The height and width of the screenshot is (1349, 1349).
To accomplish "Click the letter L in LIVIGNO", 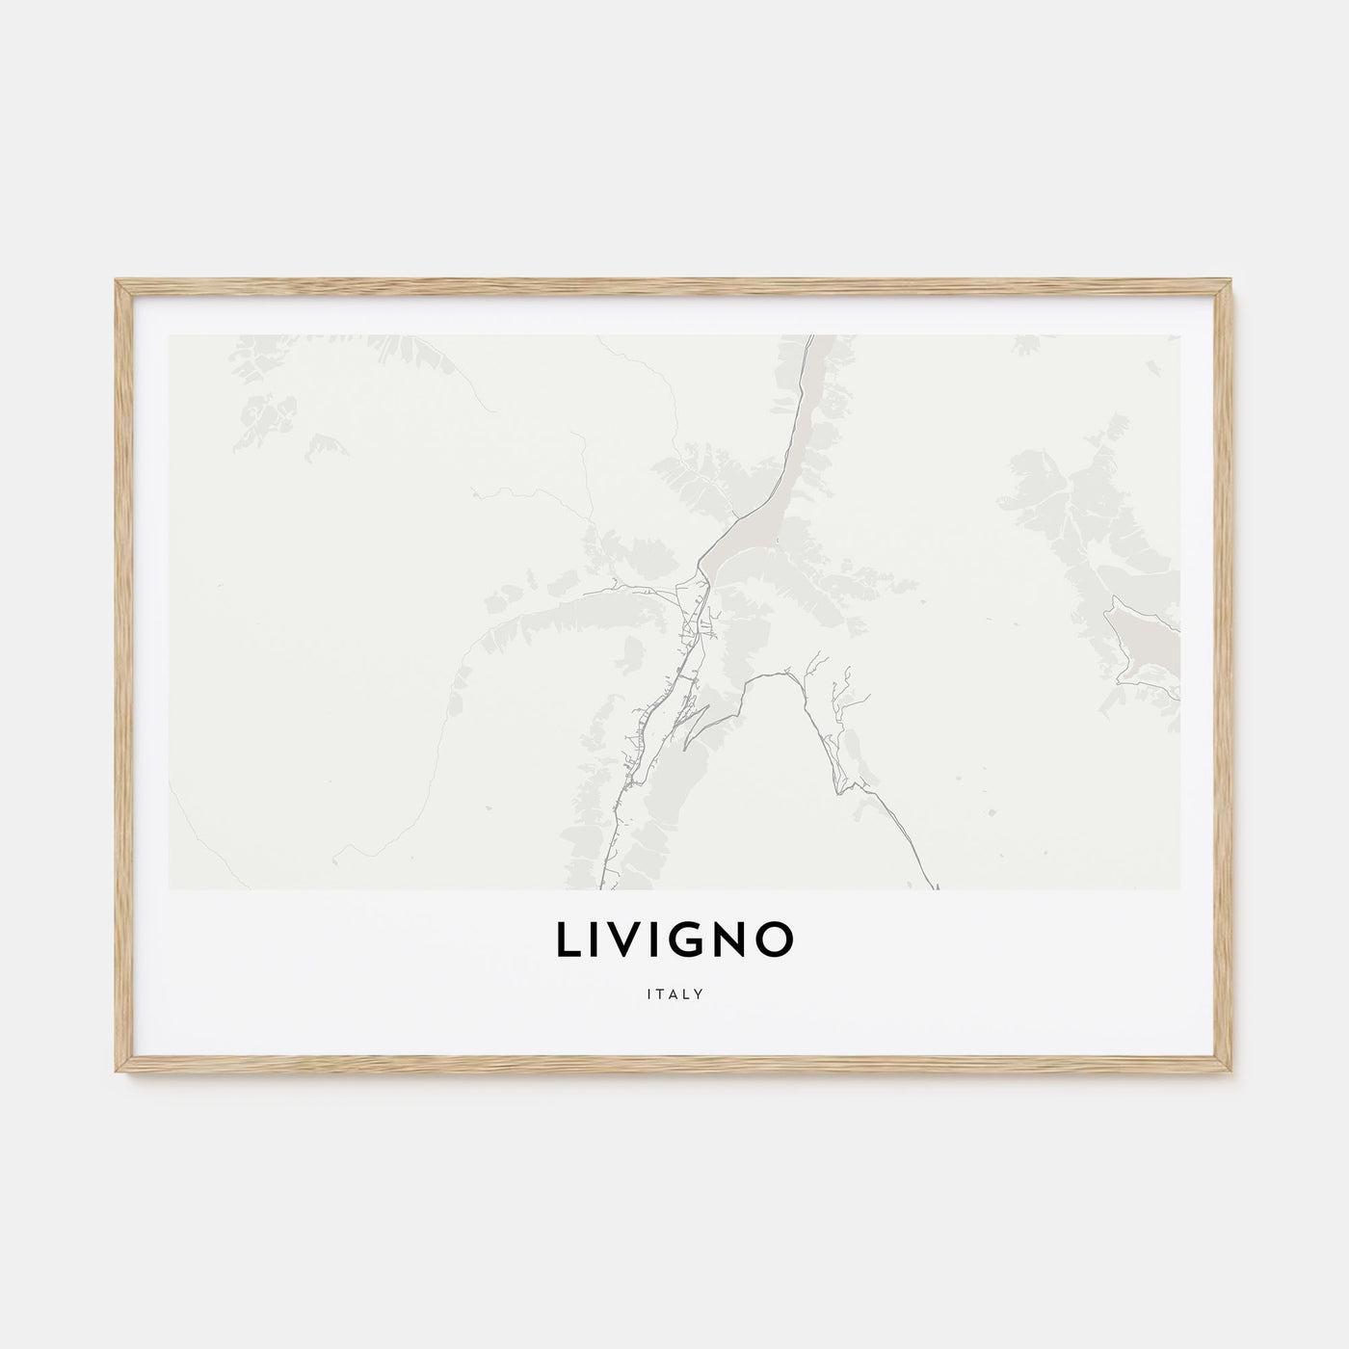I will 568,941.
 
